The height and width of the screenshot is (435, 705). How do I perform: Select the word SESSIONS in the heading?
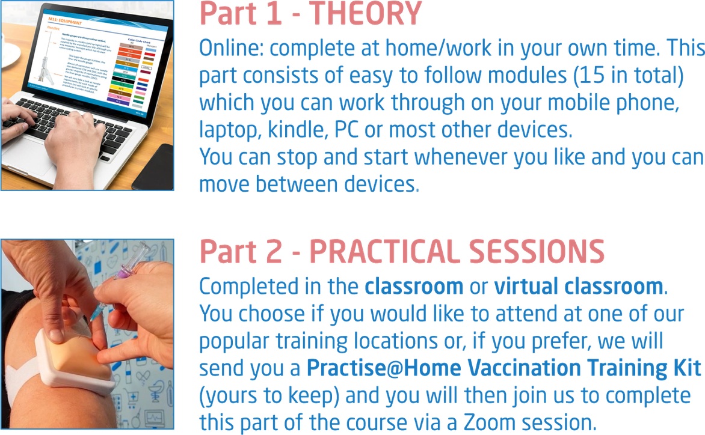coord(546,251)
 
